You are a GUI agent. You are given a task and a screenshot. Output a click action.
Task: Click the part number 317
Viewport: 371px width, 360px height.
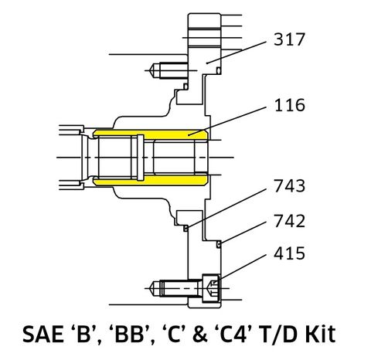pos(290,40)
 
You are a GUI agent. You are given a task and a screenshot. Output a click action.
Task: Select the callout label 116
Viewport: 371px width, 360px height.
pos(290,105)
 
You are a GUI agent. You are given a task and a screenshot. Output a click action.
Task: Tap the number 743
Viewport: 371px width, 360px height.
pos(290,186)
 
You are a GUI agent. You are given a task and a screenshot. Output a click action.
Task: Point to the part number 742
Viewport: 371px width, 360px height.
pos(290,221)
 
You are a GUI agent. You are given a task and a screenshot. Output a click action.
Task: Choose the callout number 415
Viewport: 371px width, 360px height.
pos(290,253)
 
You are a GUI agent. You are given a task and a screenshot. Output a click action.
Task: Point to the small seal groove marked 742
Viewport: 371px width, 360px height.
pos(220,243)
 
